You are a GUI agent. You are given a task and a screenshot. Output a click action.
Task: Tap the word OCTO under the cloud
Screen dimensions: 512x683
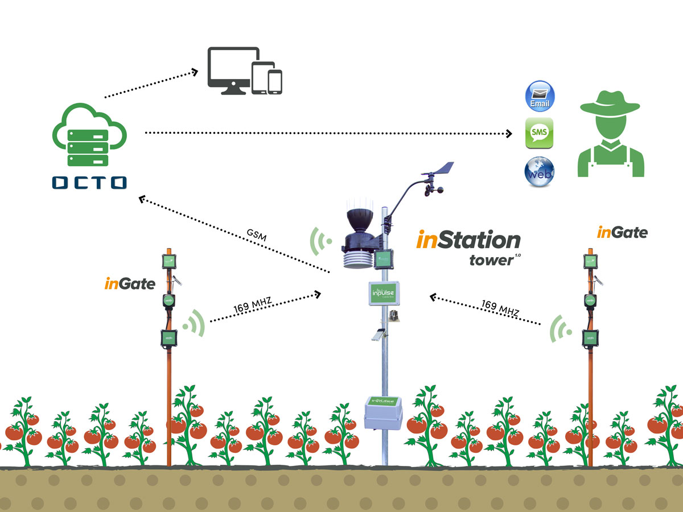point(89,183)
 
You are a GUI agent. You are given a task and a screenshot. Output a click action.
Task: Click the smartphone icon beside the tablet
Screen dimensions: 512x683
point(275,81)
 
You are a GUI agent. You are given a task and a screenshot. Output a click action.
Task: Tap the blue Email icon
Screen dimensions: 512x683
point(540,96)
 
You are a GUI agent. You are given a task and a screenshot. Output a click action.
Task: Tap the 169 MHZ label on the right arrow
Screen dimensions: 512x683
point(500,308)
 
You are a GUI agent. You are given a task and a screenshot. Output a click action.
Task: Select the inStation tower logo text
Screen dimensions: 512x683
point(468,246)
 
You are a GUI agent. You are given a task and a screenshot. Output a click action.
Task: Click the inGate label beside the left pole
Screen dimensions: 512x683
point(130,283)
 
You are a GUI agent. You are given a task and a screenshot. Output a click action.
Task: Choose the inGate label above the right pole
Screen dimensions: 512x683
point(622,232)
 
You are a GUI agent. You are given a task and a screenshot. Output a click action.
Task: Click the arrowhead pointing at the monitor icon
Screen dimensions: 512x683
point(194,72)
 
